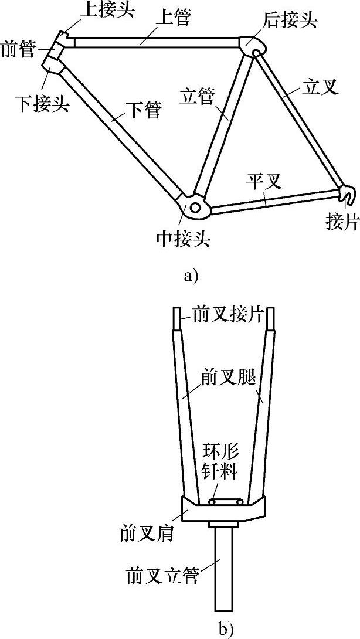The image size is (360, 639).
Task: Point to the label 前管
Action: click(x=19, y=47)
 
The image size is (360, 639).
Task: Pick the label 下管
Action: click(x=144, y=110)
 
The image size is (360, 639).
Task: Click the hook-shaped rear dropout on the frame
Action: click(x=347, y=194)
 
